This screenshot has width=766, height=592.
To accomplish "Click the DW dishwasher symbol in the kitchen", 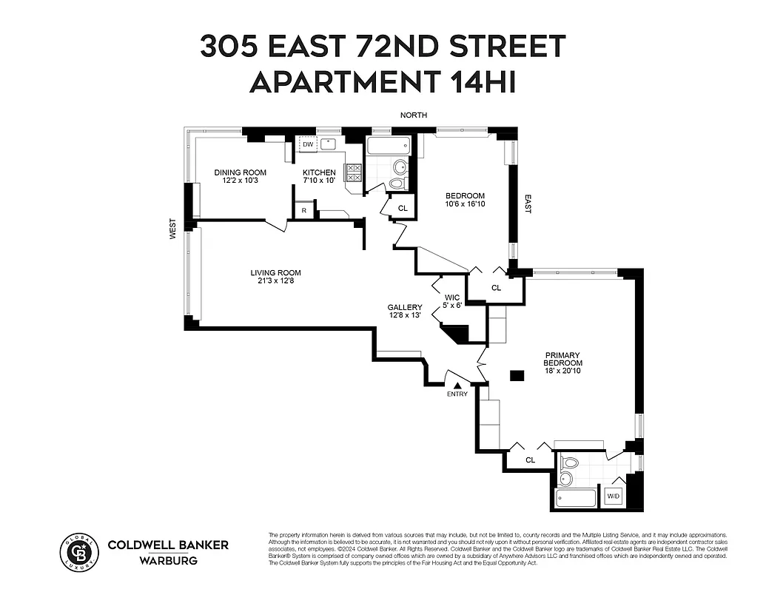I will click(x=307, y=144).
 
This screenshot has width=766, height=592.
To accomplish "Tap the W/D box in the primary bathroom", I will click(x=614, y=497).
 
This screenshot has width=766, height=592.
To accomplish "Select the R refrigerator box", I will click(x=303, y=211).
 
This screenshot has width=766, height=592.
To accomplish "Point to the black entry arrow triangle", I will click(x=457, y=385).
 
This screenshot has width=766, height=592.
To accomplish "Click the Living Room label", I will click(x=275, y=277).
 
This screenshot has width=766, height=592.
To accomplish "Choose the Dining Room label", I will click(x=240, y=176).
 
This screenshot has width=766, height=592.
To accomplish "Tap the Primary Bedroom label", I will click(x=563, y=359).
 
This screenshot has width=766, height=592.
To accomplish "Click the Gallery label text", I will click(x=405, y=312).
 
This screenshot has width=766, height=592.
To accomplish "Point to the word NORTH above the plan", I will click(x=414, y=115).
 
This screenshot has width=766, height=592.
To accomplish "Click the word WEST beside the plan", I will click(x=172, y=228).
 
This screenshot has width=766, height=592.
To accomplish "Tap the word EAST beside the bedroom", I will click(x=528, y=204).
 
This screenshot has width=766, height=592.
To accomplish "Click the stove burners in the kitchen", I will click(x=354, y=172).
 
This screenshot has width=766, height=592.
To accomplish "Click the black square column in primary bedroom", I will click(x=517, y=376).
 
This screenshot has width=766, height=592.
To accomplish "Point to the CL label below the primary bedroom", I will click(x=530, y=460).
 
